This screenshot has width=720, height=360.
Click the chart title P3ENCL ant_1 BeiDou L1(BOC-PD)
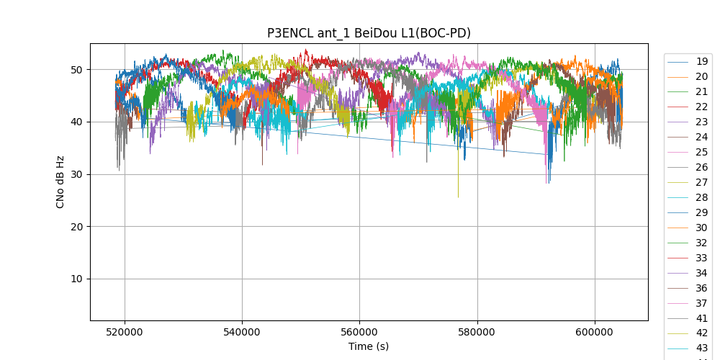(369, 33)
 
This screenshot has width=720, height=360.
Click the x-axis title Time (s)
(369, 346)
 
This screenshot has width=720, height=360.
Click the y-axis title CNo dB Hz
(60, 181)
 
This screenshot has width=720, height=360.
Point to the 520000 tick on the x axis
(125, 333)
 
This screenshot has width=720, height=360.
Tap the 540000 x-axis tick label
(242, 333)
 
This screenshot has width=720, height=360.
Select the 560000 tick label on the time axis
(359, 333)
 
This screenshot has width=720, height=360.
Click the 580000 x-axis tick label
(477, 333)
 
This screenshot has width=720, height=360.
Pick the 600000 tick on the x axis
(595, 333)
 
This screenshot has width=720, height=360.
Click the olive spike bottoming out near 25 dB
(458, 194)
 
